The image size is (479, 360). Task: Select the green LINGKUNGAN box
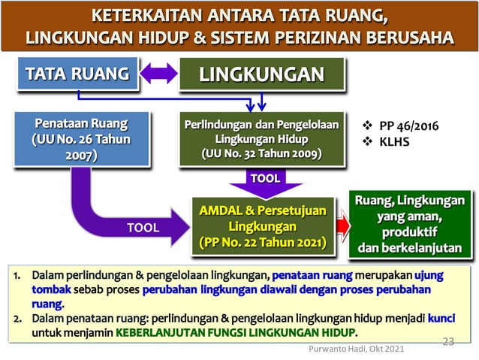(261, 74)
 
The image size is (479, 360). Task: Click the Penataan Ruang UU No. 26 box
(80, 139)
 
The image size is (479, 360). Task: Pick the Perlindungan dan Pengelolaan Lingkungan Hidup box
(261, 139)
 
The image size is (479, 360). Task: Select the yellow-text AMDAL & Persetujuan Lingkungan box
(261, 225)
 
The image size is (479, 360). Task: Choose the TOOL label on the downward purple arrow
(265, 178)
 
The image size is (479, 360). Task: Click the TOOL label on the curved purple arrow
(141, 228)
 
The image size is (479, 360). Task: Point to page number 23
(448, 342)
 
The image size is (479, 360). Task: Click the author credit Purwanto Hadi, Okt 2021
(357, 349)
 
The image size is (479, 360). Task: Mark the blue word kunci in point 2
(441, 319)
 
